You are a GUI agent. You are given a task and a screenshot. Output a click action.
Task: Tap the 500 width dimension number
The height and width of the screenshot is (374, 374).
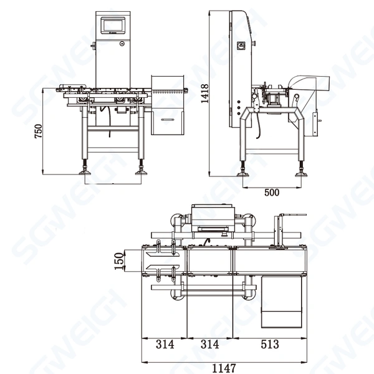coord(272,192)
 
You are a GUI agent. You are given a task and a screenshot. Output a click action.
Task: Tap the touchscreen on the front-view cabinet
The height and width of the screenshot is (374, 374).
coord(112,25)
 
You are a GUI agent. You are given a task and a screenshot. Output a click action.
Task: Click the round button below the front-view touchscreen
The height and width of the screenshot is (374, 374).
coord(121,44)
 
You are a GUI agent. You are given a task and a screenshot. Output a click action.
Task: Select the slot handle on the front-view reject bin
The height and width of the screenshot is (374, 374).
coord(168,118)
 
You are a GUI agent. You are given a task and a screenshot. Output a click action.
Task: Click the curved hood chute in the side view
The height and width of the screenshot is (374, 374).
coord(309,83)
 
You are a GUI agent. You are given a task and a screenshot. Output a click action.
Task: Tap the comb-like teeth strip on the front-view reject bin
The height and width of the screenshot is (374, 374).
coord(170,93)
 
